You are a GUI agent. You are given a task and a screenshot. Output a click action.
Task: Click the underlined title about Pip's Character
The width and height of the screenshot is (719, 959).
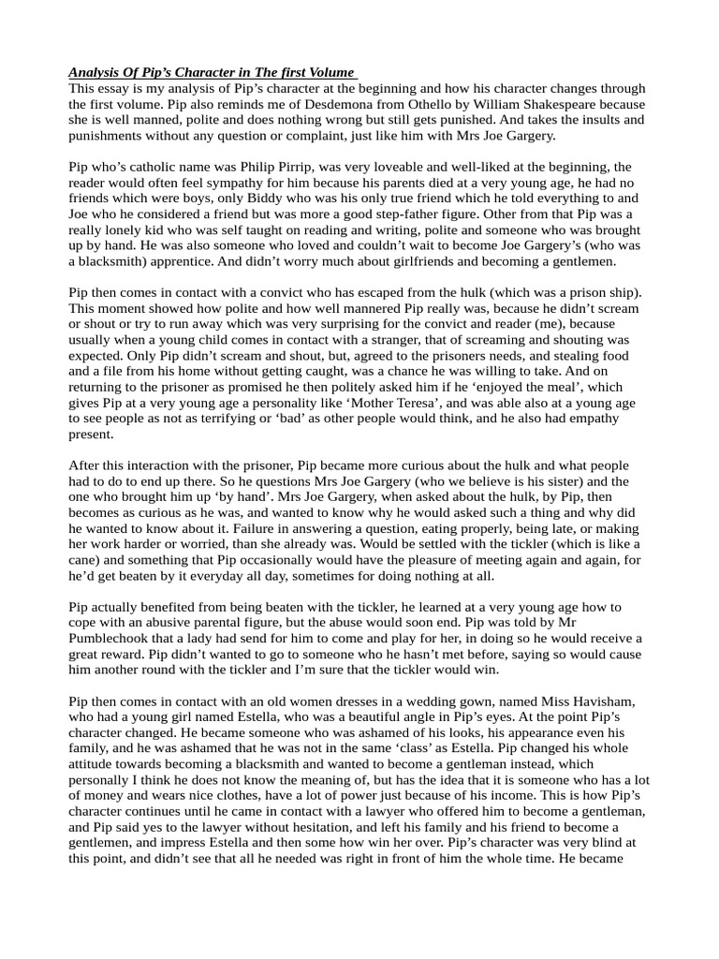pos(212,72)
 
